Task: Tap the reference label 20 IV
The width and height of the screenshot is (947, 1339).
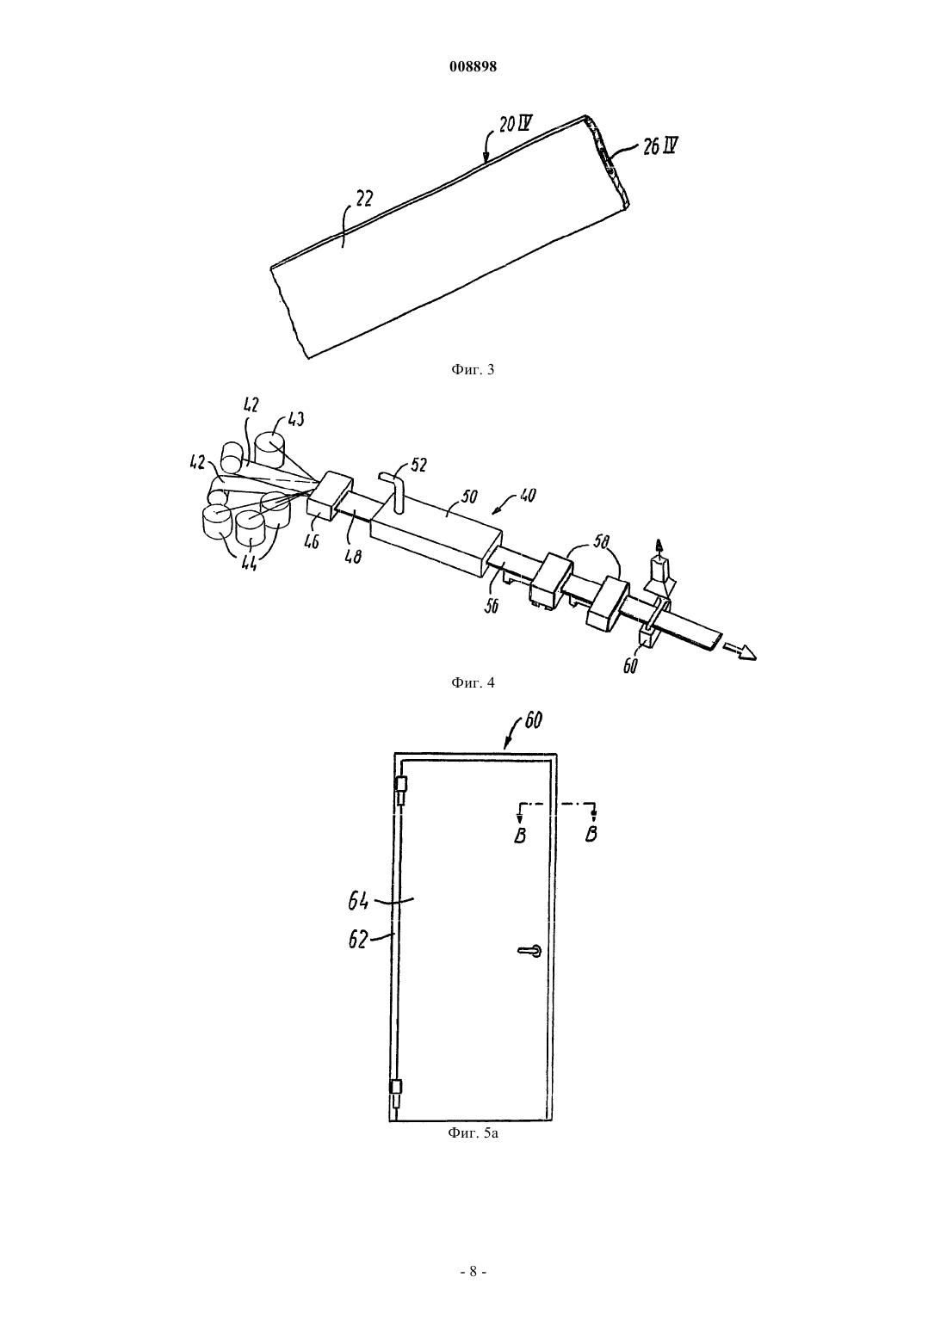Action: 517,125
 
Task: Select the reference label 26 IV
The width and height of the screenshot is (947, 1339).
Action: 660,145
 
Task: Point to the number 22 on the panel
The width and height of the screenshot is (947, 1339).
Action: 364,199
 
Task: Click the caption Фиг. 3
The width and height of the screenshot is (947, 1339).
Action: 473,369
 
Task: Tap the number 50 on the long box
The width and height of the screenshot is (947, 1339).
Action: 469,497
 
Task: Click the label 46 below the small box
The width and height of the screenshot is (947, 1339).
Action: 312,541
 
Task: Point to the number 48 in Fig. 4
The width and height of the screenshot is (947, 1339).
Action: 354,557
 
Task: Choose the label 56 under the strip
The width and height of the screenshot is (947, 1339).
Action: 492,606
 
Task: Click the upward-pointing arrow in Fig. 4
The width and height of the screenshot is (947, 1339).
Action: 659,549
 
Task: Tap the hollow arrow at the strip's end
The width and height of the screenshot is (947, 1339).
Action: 740,651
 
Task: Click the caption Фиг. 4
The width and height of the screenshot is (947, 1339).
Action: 473,682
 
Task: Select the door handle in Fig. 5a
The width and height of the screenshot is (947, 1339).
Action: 530,950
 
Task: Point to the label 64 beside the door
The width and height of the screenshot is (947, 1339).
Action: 357,903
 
